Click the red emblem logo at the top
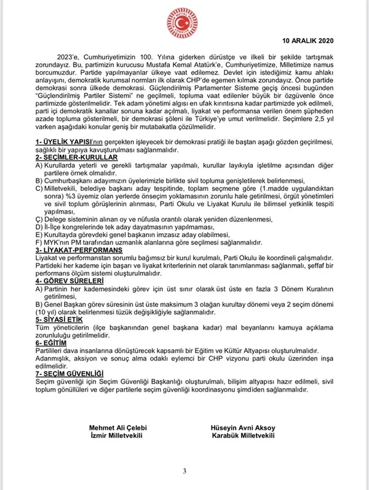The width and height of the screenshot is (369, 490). (x=185, y=22)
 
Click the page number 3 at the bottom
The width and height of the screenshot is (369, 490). (x=184, y=471)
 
